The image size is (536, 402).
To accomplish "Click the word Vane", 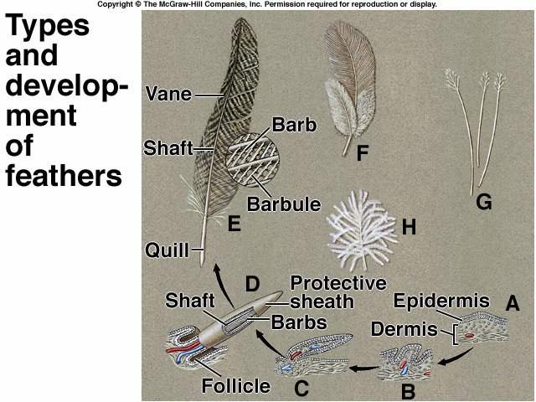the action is [x=168, y=94].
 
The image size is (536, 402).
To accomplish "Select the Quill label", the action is [x=167, y=250].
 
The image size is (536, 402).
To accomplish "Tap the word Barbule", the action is [x=284, y=204].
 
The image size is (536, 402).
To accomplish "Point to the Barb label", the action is [x=294, y=125].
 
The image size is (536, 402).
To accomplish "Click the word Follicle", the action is [x=236, y=386].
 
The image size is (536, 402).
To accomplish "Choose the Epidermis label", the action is [x=441, y=301].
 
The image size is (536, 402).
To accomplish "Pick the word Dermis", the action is [x=404, y=329].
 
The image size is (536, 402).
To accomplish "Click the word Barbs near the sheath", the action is [x=299, y=322].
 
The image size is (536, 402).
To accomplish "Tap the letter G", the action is [x=484, y=202].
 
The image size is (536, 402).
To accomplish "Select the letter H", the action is [x=409, y=227].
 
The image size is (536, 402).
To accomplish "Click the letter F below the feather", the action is [x=362, y=152].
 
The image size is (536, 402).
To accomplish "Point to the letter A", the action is [x=512, y=302].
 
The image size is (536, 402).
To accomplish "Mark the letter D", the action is [x=252, y=285].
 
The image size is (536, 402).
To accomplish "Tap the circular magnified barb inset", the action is [x=253, y=160].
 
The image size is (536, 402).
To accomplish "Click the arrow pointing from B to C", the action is [x=363, y=368].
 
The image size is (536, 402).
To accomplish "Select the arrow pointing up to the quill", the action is [x=223, y=286].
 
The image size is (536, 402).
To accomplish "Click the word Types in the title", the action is [x=47, y=25].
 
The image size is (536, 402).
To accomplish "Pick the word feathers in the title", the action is [x=64, y=176].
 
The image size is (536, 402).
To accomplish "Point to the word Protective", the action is [x=338, y=283].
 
